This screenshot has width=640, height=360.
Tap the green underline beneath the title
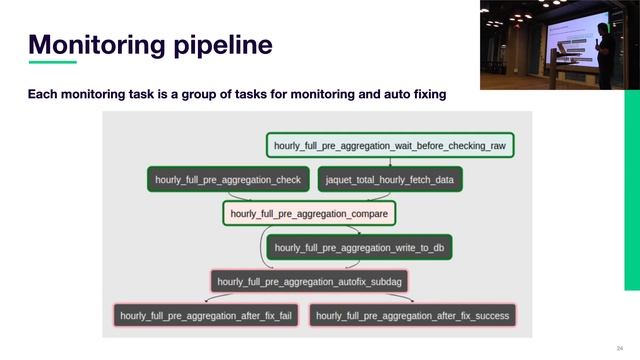(x=52, y=62)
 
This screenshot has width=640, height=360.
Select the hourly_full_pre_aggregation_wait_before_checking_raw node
(x=390, y=146)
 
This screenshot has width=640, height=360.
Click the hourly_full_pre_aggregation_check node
(x=228, y=180)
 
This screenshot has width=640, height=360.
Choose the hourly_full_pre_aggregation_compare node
(x=309, y=213)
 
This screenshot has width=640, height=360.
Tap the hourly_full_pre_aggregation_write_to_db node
(x=360, y=247)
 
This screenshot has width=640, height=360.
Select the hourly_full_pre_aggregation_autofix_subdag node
(x=311, y=282)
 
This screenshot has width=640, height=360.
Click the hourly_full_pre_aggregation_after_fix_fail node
(x=206, y=316)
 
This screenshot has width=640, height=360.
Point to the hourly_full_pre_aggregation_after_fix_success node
(x=412, y=316)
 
